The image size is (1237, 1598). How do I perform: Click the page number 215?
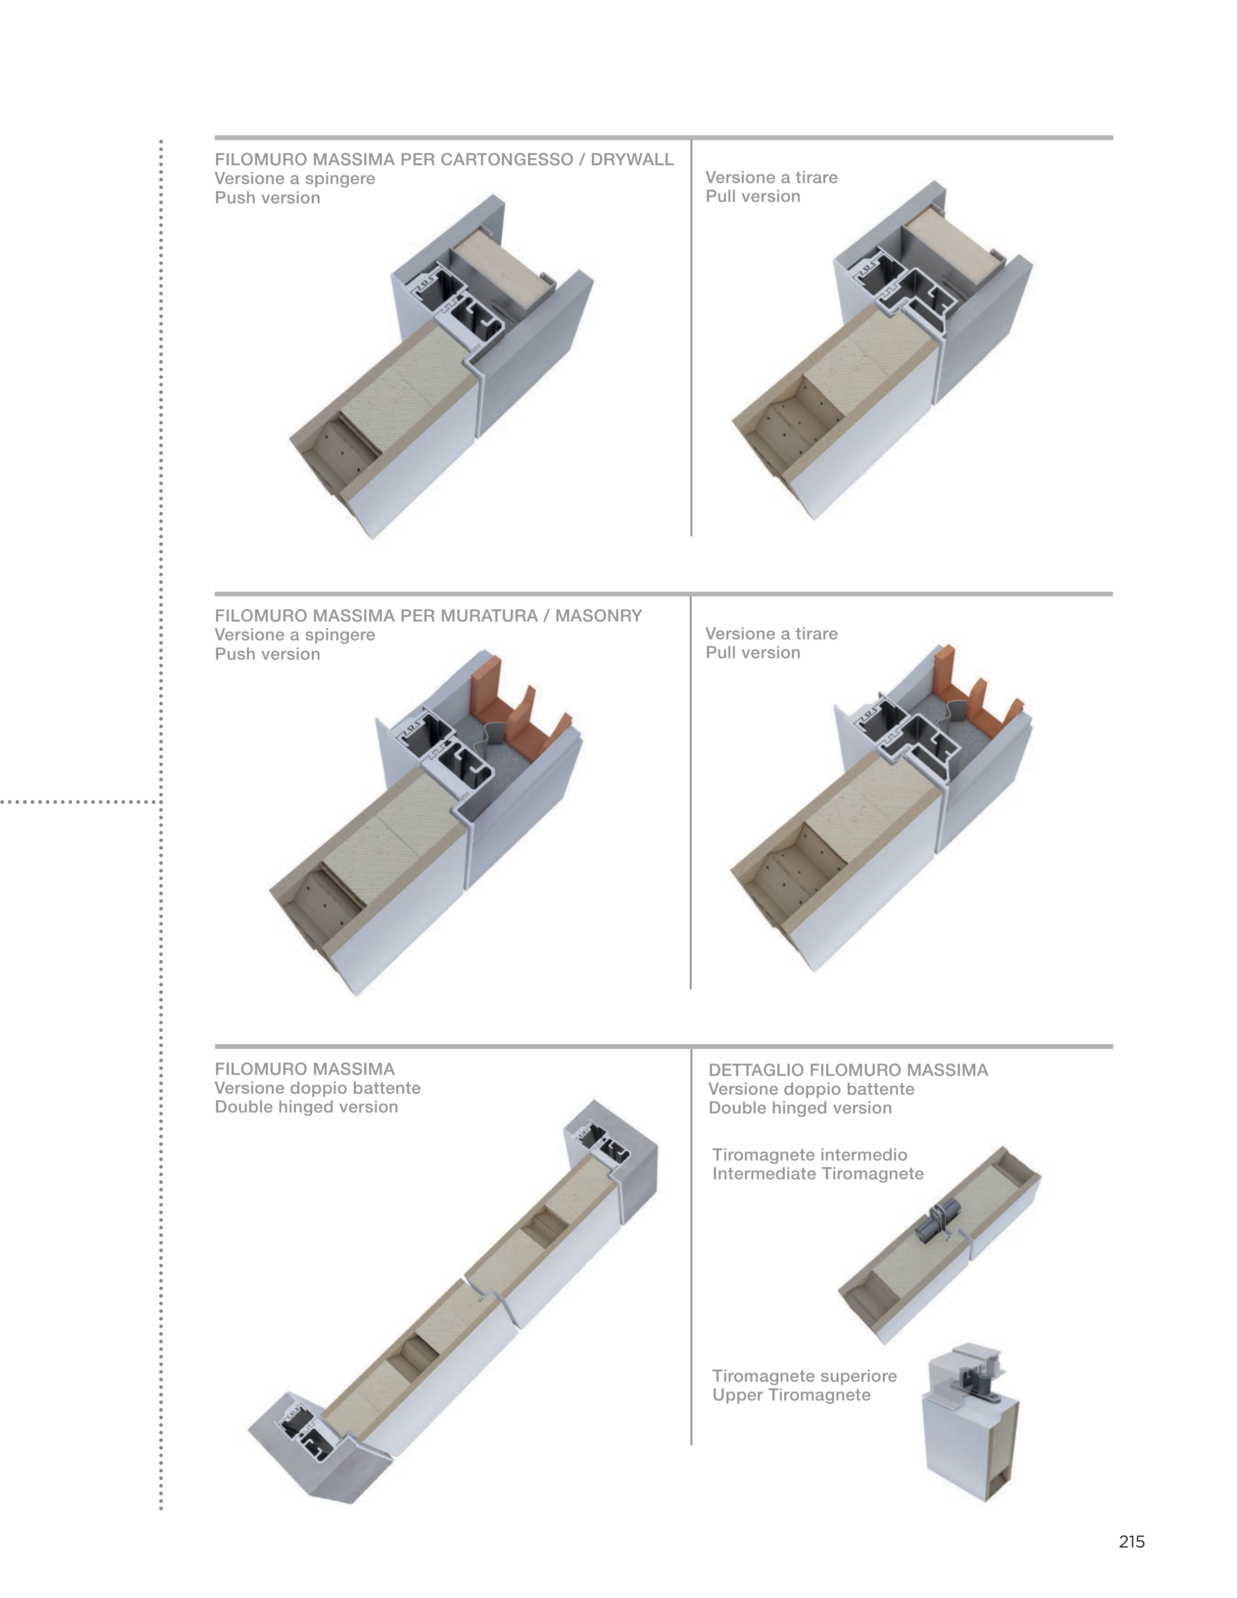1131,1542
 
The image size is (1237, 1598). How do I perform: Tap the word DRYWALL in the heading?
632,159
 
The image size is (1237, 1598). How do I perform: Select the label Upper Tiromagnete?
792,1395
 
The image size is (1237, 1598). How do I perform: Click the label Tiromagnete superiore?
805,1376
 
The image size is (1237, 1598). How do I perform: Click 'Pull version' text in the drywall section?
753,197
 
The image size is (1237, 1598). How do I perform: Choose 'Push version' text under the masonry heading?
268,654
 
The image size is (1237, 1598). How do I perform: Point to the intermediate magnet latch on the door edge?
933,1223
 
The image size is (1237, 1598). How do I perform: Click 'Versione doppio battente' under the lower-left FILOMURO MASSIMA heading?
318,1088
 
